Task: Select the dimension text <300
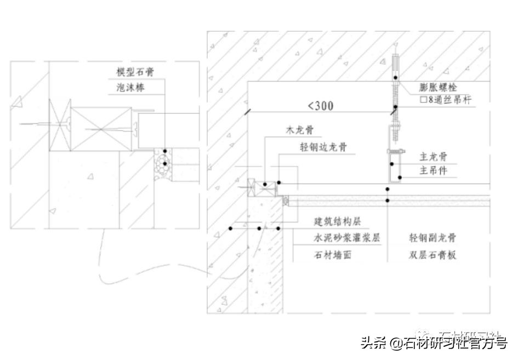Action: [320, 106]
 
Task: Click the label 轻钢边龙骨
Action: [316, 147]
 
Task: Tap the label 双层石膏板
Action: [432, 254]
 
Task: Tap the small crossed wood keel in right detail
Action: [256, 187]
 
